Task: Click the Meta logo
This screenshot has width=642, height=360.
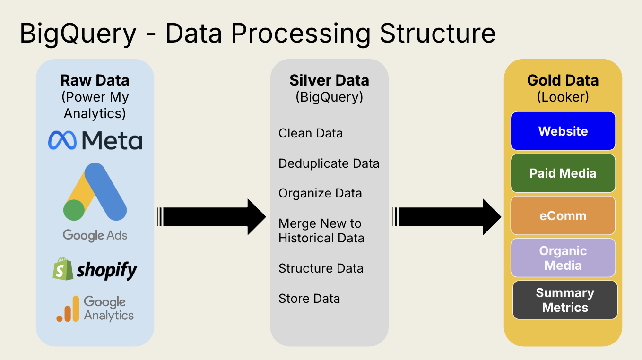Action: [95, 140]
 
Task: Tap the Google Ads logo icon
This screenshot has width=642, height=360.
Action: [95, 192]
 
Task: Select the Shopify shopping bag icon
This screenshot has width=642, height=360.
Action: [63, 269]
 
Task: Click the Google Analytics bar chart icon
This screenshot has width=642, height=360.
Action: [68, 309]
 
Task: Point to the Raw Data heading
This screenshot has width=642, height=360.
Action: [95, 80]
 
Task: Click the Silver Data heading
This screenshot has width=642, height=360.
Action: [329, 80]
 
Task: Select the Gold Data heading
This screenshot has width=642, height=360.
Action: [563, 80]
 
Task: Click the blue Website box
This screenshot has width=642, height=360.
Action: [563, 131]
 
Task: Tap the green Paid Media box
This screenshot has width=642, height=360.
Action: [563, 173]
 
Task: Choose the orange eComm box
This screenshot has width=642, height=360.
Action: [563, 216]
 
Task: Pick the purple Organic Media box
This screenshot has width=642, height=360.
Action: [563, 258]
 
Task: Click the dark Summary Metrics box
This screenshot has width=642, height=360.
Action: [565, 300]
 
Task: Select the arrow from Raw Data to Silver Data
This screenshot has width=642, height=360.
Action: [212, 217]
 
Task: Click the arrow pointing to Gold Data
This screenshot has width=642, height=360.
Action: [446, 217]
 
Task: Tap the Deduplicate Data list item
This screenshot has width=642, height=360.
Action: [329, 163]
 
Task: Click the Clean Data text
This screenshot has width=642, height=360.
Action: [311, 133]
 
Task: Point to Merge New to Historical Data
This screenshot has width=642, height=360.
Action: [321, 231]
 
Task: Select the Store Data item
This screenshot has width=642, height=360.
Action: [309, 299]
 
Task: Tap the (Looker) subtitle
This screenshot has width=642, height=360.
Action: [563, 97]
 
